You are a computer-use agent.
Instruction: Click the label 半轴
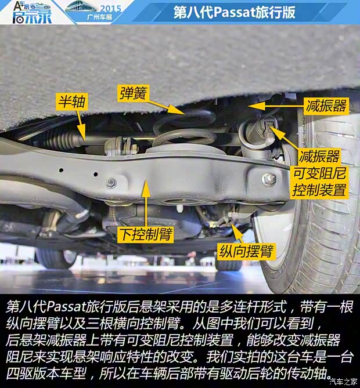pos(71,103)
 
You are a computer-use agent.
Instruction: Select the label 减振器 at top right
pos(326,105)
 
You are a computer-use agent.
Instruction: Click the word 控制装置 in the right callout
pos(319,190)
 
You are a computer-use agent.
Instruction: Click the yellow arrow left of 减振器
pos(273,106)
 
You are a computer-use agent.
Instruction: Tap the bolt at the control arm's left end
pos(111,183)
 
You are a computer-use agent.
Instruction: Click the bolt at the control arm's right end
pos(268,179)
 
